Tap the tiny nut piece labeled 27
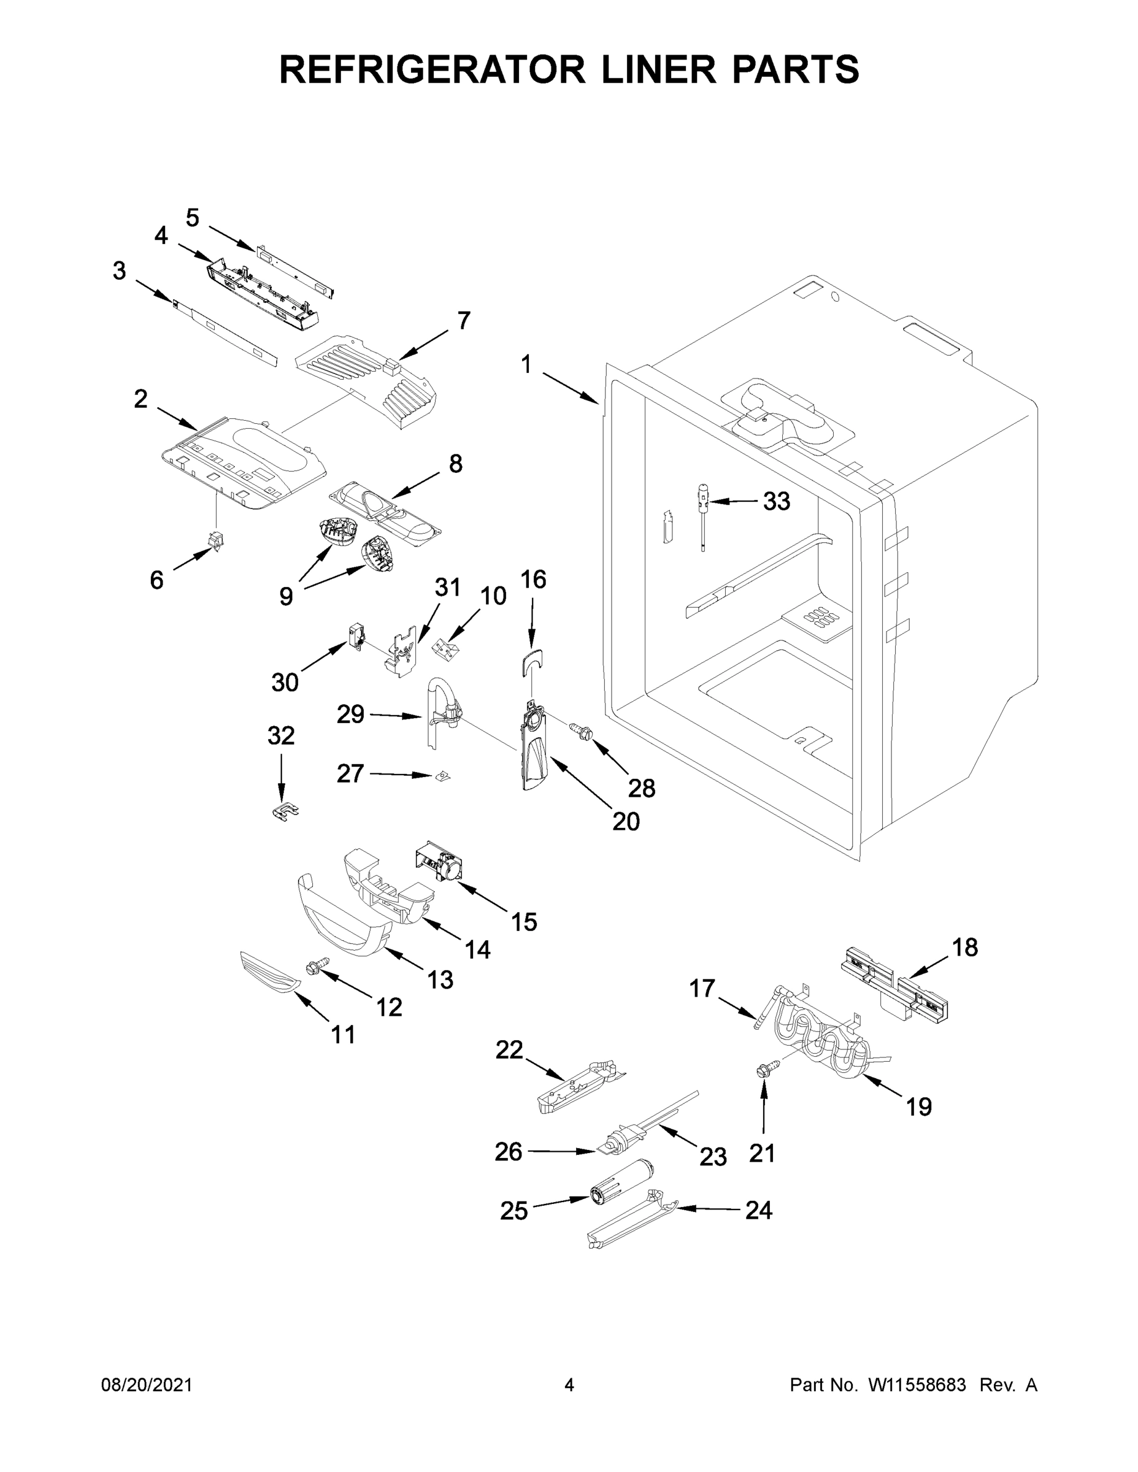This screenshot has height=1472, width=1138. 442,776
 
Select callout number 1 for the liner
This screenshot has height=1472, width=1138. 526,365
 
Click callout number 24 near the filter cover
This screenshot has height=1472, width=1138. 758,1211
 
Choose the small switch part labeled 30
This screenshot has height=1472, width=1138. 355,635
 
